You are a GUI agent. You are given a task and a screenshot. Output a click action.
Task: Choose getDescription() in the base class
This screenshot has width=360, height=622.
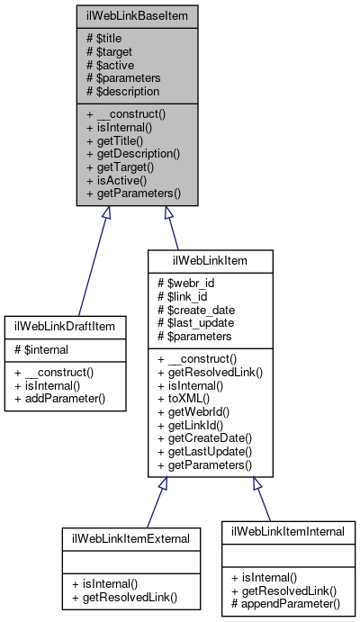pyautogui.click(x=133, y=154)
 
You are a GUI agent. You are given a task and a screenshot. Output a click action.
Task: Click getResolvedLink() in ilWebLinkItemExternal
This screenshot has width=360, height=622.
pyautogui.click(x=125, y=597)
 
